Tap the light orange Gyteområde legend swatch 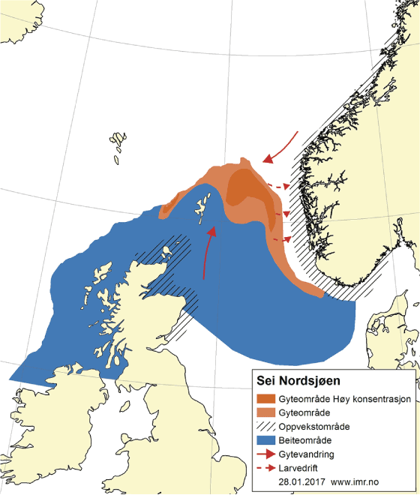(269, 412)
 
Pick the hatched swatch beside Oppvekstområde (269, 425)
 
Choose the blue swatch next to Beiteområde (269, 439)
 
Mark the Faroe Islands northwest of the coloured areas (118, 145)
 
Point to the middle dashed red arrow (280, 214)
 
